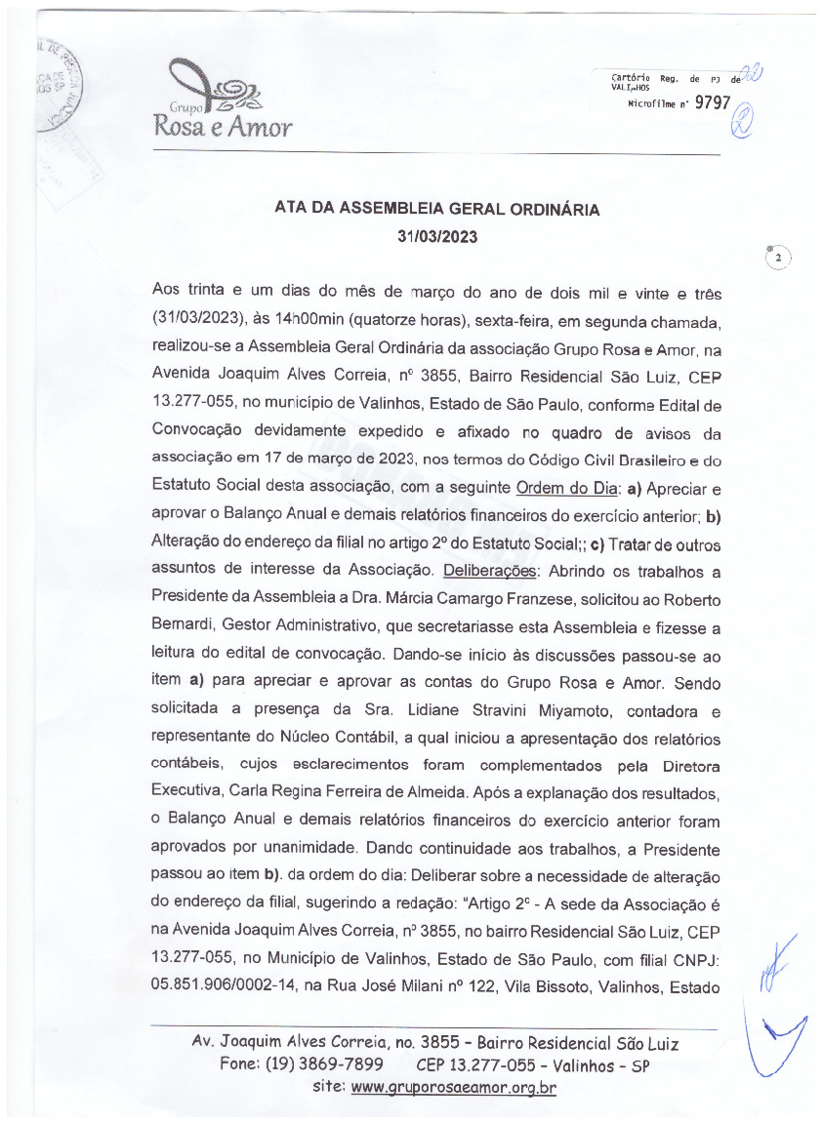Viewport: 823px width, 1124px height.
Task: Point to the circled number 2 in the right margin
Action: coord(778,259)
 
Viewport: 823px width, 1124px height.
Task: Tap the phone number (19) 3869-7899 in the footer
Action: coord(323,1064)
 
